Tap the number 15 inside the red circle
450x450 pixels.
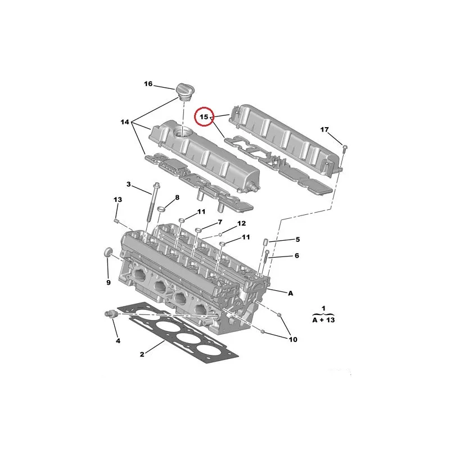tap(204, 117)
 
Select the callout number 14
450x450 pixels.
tap(124, 122)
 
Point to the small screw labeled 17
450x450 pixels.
tap(345, 148)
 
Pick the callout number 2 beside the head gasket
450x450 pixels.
tap(142, 354)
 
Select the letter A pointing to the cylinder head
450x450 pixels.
tap(290, 293)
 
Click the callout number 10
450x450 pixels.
tap(292, 340)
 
